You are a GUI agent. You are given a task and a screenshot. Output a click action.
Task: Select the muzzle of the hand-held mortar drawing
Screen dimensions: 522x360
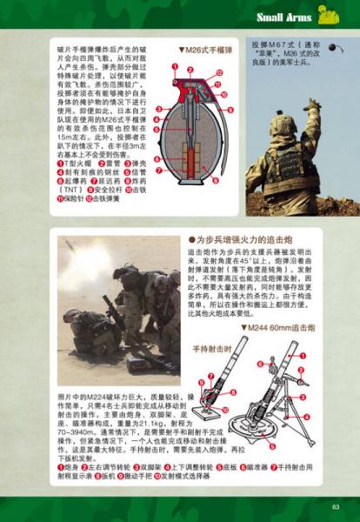[230, 356]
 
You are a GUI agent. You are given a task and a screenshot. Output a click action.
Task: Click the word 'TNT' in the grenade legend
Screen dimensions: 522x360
[73, 188]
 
